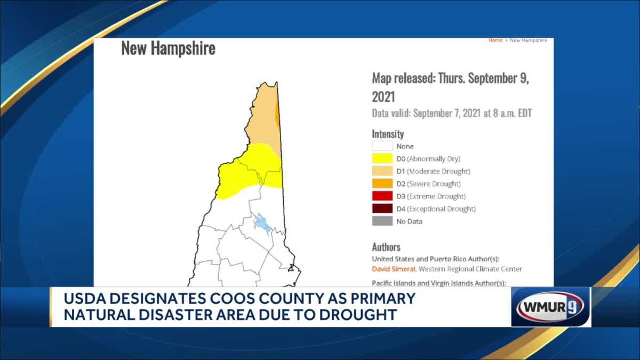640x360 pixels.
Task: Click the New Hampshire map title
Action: click(168, 49)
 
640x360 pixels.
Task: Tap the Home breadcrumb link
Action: click(495, 41)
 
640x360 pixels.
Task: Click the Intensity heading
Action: click(388, 134)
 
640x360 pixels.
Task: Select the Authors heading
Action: click(386, 247)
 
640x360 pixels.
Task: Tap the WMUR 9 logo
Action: click(550, 307)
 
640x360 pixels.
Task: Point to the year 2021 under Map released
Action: click(383, 97)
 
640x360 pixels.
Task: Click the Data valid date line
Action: click(452, 114)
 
